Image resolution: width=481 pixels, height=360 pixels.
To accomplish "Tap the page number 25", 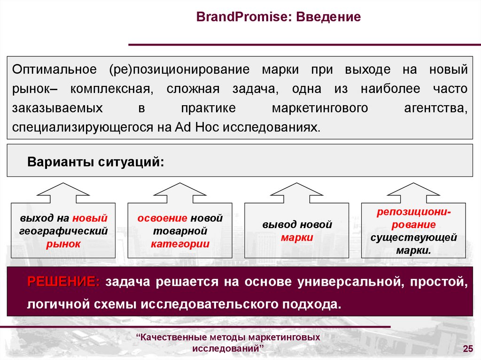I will pos(467,348).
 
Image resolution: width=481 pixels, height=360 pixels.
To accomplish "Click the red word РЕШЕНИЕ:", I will pos(63,282).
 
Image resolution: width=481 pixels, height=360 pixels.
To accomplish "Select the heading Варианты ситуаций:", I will pos(96,162).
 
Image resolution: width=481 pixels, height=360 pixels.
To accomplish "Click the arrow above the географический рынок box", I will pos(63,192).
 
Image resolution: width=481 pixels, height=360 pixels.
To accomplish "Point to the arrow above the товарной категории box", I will pos(180,192).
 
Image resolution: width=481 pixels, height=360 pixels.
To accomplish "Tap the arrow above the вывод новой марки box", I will pos(297,192).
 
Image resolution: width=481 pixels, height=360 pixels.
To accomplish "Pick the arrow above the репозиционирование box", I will pos(413,192).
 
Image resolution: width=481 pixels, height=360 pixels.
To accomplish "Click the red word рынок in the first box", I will pos(63,244).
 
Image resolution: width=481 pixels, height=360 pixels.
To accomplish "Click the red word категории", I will pos(180,244).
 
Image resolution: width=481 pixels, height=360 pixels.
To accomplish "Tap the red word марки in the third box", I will pos(297,237).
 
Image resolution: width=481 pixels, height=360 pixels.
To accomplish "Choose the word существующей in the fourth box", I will pos(413,237).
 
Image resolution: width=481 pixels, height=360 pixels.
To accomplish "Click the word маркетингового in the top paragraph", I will pos(319,108).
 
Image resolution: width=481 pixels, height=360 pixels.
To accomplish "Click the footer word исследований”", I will pos(228,349).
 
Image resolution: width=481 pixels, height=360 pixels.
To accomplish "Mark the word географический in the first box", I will pos(63,231).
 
